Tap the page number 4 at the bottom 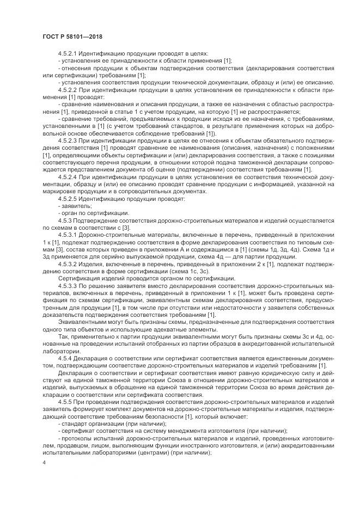pyautogui.click(x=44, y=462)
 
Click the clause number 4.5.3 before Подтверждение pyautogui.click(x=65, y=221)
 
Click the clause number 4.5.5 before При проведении pyautogui.click(x=65, y=402)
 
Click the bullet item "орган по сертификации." pyautogui.click(x=93, y=214)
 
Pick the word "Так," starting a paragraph pyautogui.click(x=63, y=337)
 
